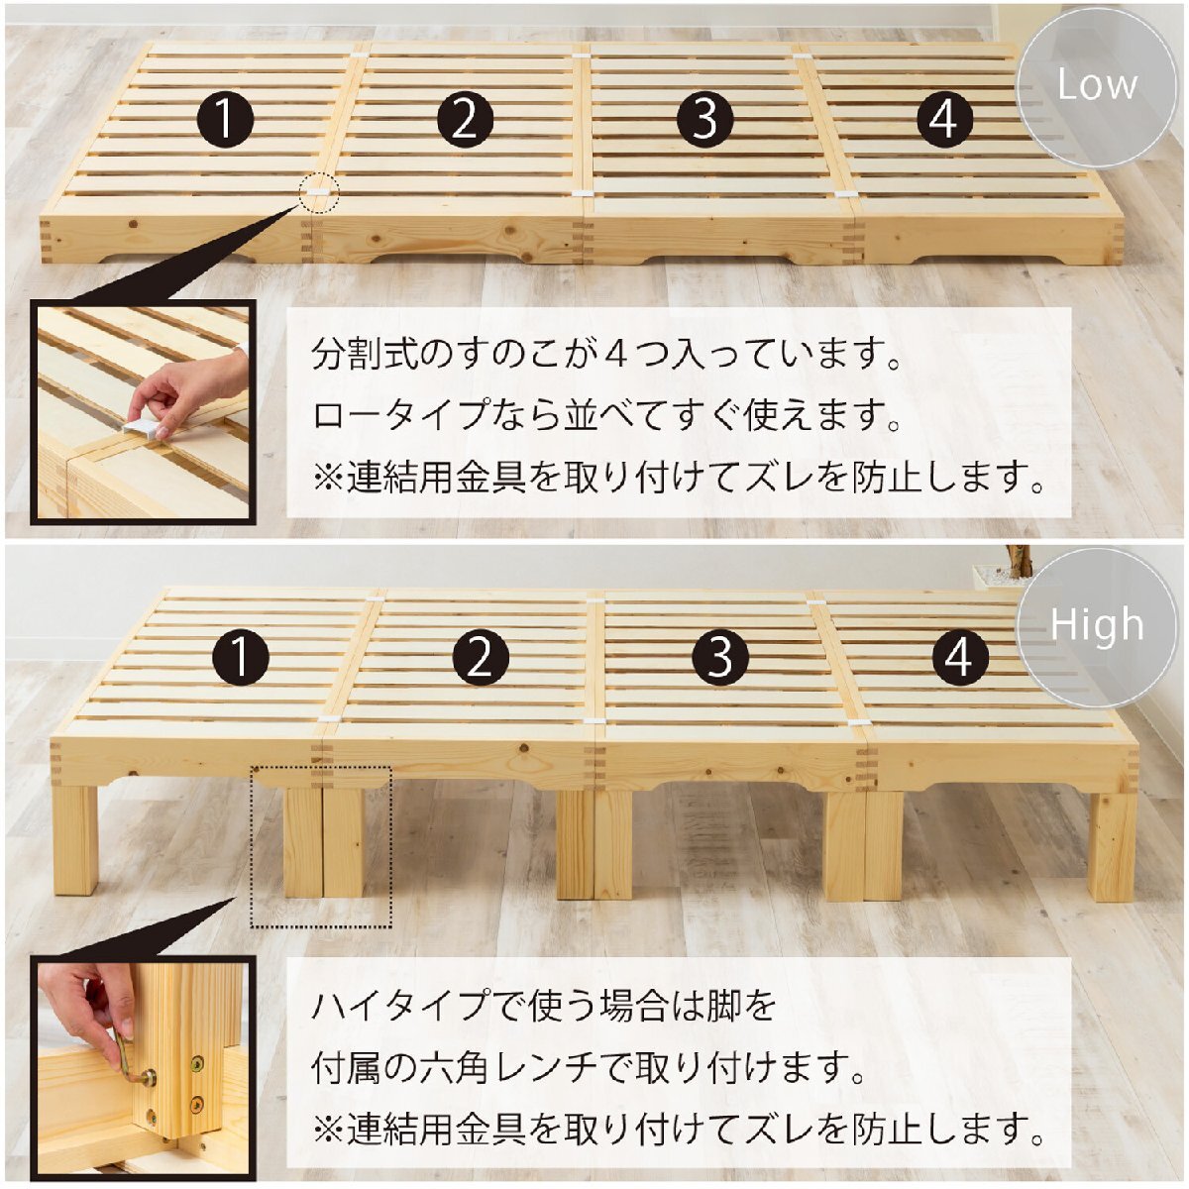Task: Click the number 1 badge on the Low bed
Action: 225,119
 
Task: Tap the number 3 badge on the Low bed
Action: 705,119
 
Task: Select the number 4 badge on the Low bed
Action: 944,119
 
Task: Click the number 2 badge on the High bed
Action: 481,658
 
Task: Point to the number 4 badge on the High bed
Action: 959,658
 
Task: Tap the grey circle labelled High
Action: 1097,627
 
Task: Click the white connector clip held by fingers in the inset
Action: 142,427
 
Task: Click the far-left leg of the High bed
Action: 75,840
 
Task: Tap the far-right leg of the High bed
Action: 1111,846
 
